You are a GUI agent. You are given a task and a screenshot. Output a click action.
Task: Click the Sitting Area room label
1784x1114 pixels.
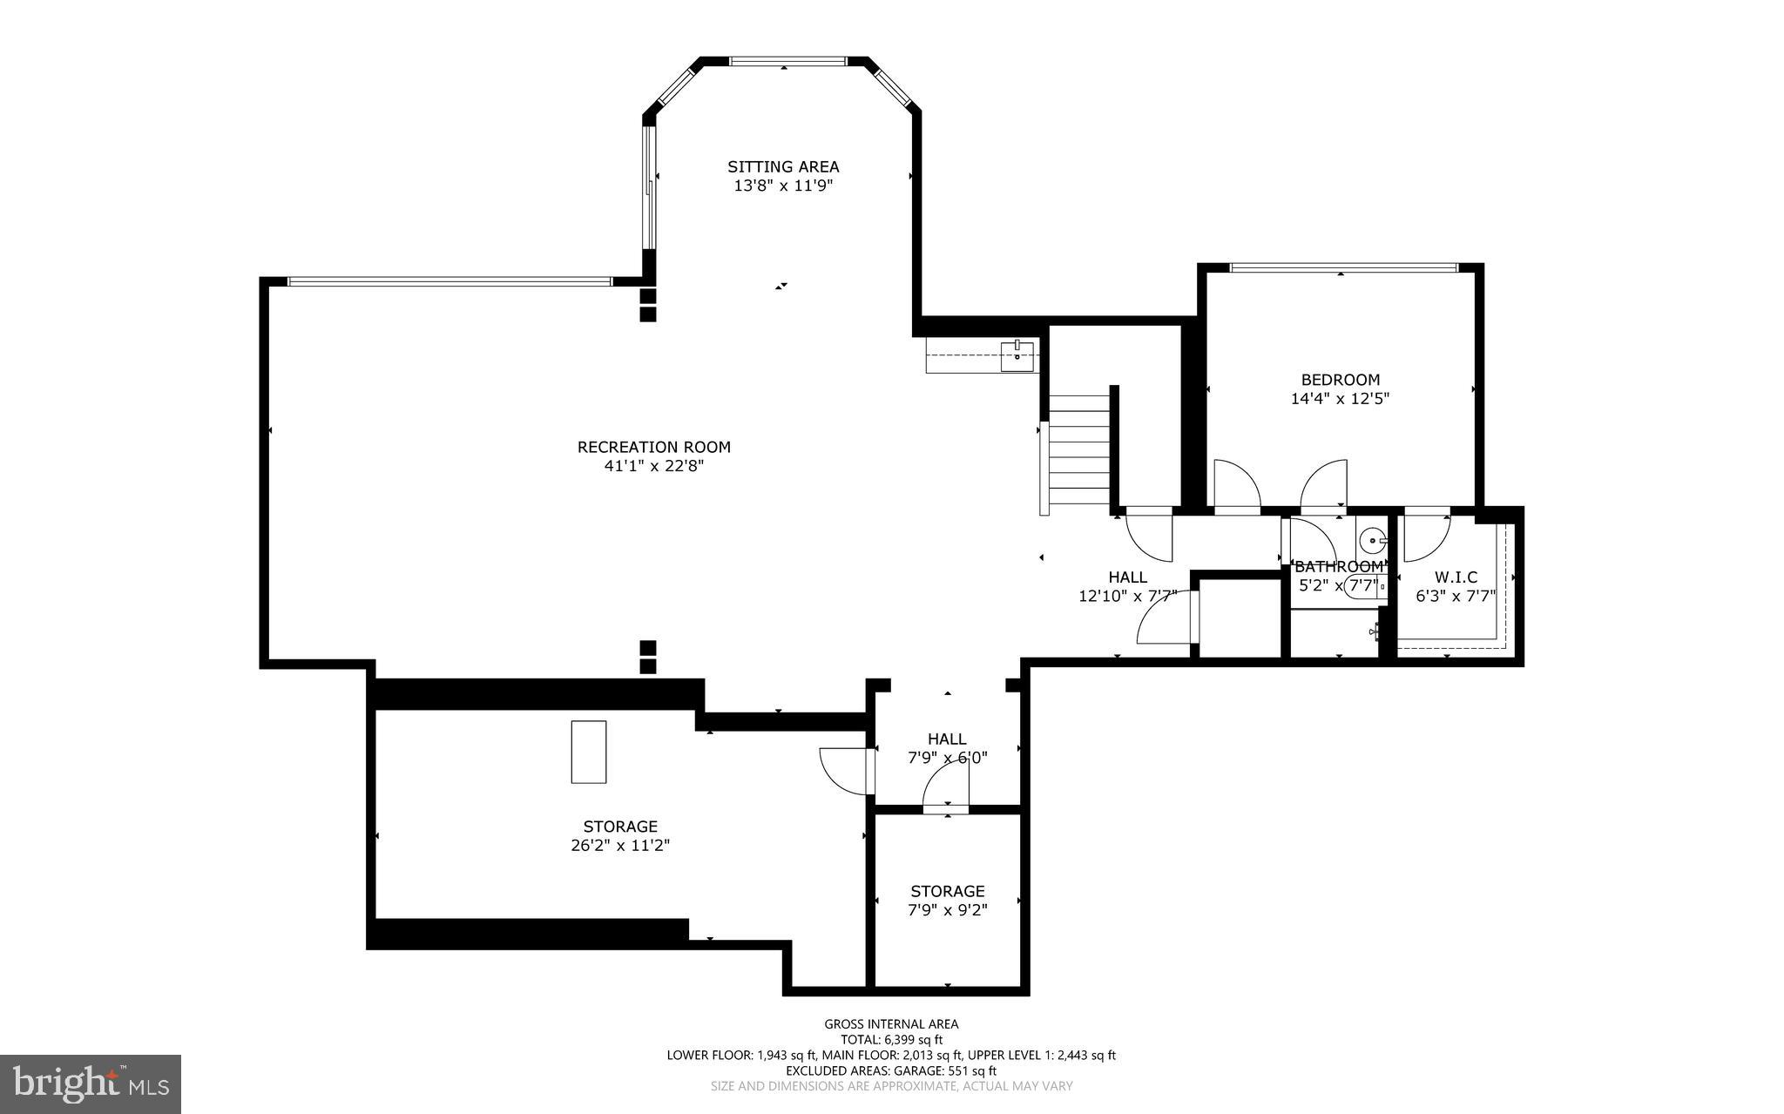point(783,166)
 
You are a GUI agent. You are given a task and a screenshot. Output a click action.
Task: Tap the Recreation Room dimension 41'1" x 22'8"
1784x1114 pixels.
point(653,466)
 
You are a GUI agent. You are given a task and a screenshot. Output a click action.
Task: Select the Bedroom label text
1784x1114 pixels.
point(1340,380)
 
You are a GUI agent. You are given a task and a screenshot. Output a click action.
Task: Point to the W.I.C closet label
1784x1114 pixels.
point(1456,577)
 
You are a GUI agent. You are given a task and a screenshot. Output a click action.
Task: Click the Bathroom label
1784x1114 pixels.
point(1338,567)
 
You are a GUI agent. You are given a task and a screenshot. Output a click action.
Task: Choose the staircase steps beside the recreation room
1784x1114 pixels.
point(1078,453)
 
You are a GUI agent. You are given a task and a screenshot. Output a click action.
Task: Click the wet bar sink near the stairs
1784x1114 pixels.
point(1017,354)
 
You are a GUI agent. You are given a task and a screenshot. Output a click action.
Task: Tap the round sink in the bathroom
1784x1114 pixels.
point(1373,541)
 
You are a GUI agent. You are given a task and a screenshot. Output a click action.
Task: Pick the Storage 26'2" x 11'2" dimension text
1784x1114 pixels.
point(619,846)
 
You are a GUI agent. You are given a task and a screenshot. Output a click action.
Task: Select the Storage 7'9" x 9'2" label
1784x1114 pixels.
point(947,891)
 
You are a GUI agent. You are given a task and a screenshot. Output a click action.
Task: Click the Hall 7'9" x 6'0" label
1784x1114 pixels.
point(947,739)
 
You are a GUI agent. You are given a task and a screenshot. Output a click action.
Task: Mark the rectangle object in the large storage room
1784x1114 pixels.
point(589,752)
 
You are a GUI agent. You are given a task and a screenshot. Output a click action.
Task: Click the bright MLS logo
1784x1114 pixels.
point(91,1083)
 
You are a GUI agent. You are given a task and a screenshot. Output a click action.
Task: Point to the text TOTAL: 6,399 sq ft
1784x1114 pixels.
point(891,1040)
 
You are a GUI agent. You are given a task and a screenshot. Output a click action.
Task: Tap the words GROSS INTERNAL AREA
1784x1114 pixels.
point(891,1024)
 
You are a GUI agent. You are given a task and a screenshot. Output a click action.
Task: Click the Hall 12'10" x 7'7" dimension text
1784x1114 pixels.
point(1127,597)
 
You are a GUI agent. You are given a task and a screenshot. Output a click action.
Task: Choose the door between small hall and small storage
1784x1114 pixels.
point(945,788)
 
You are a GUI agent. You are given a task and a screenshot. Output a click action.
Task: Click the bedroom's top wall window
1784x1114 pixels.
point(1342,267)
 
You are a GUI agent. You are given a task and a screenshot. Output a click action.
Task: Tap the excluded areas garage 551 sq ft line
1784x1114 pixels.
point(891,1070)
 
